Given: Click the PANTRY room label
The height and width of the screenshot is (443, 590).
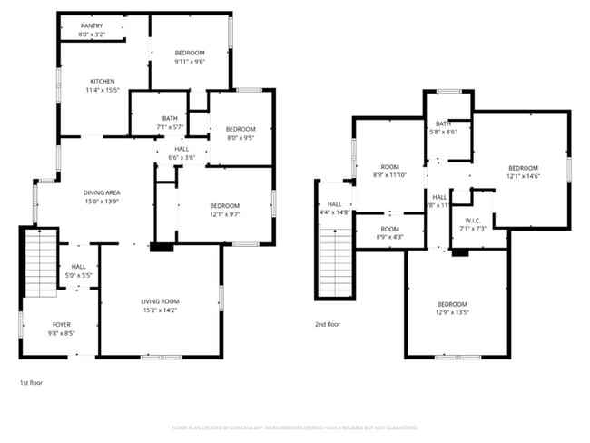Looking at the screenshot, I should pos(92,26).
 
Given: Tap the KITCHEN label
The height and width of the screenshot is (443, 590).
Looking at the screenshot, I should pos(102,81).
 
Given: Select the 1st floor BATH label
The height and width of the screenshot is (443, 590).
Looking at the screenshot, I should pos(170,118).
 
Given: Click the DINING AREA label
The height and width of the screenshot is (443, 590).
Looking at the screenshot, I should pos(103,192).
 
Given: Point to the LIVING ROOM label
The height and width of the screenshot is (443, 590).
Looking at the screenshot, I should pos(160,301).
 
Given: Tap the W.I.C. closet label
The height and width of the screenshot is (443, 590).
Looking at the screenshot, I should pos(472,220).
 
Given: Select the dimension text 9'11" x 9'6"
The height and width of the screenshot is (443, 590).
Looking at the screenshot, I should pos(190,62).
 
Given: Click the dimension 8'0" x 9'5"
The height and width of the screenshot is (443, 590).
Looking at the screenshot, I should pos(241,139).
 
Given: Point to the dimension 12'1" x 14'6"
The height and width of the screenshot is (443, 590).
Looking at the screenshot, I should pos(523,176).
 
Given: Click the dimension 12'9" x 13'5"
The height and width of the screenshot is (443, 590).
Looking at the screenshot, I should pos(452,313).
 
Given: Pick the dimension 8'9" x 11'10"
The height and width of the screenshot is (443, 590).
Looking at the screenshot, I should pos(390,175).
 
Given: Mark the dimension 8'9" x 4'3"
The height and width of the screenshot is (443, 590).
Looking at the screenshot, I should pos(390,237).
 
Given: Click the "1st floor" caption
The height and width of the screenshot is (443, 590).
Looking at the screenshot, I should pos(31,383).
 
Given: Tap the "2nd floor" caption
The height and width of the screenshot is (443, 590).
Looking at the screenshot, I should pos(328,324).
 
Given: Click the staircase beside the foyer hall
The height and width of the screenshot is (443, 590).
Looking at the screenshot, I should pos(41,263).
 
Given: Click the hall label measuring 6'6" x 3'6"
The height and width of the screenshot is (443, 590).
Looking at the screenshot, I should pos(182,157).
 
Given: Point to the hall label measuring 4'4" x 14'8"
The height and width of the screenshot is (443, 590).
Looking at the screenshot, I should pos(335,212).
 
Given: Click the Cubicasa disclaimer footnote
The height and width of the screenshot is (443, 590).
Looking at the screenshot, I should pos(294,428).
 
